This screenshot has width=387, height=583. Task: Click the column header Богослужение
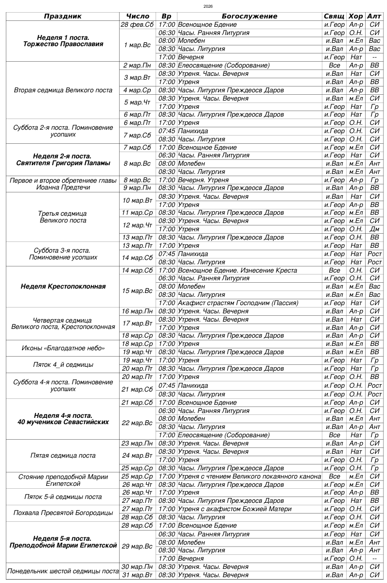point(249,16)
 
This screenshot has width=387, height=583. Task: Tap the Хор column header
point(356,16)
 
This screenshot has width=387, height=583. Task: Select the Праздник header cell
point(63,16)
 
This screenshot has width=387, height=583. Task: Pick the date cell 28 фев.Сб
point(138,24)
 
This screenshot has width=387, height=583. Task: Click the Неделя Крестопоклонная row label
point(63,287)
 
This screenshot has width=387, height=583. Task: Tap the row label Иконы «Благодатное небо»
point(63,348)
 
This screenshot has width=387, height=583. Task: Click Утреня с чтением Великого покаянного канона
point(249,477)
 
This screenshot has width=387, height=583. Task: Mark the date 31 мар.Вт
point(138,575)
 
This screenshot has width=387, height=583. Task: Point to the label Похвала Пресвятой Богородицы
point(63,513)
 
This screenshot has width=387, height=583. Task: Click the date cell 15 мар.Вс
point(138,291)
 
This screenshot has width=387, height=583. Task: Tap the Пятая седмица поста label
point(63,456)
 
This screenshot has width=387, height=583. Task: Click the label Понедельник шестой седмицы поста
point(63,571)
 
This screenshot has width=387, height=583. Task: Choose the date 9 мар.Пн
point(138,188)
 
